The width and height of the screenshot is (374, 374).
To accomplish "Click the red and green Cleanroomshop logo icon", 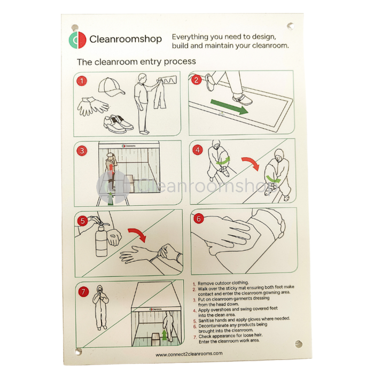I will point(78,39).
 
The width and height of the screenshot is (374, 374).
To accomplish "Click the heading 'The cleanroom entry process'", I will point(136,62).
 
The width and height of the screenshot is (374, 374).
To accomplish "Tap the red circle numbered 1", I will point(82,81).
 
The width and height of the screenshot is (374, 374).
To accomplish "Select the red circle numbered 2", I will point(197,80).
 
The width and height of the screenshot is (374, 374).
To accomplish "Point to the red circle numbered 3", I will point(82,151).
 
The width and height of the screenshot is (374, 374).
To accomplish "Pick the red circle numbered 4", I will point(198,150).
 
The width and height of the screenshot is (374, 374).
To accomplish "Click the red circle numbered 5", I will point(82,220).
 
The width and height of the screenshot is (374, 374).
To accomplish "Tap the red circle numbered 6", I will point(198,218).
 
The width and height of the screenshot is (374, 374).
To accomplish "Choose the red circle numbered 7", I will point(83,292).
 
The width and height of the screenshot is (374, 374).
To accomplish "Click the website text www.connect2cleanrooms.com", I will point(189,354).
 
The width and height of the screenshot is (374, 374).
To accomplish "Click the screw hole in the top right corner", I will point(290,25).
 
